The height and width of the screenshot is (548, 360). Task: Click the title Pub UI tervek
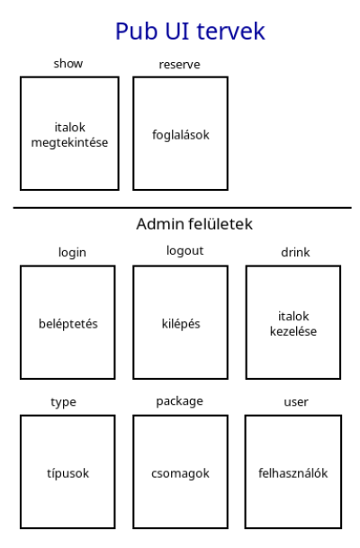coord(190,31)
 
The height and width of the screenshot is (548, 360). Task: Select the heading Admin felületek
coord(194,224)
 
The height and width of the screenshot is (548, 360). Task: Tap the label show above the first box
coord(68,64)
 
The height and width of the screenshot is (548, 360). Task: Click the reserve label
coord(180,65)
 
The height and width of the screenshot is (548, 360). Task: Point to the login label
coord(72,253)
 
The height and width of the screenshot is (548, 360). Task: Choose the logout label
coord(184,251)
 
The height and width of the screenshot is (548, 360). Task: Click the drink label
coord(295,252)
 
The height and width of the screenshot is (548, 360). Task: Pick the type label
coord(63,402)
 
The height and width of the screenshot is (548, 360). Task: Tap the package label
coord(180,401)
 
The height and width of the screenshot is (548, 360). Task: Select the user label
coord(296,402)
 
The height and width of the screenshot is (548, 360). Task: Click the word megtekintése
coord(69,143)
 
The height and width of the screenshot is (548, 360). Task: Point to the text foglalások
coord(181,135)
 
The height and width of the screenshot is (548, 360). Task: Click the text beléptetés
coord(68,324)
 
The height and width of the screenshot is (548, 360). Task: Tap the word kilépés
coord(181,324)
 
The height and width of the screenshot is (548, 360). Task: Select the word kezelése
coord(293,331)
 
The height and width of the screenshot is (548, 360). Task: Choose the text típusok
coord(67,473)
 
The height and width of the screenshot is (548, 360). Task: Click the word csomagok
coord(180,474)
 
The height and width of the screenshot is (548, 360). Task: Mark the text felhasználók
coord(293,473)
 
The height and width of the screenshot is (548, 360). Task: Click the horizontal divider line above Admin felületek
coord(183,208)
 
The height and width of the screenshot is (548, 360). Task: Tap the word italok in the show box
coord(70,128)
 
